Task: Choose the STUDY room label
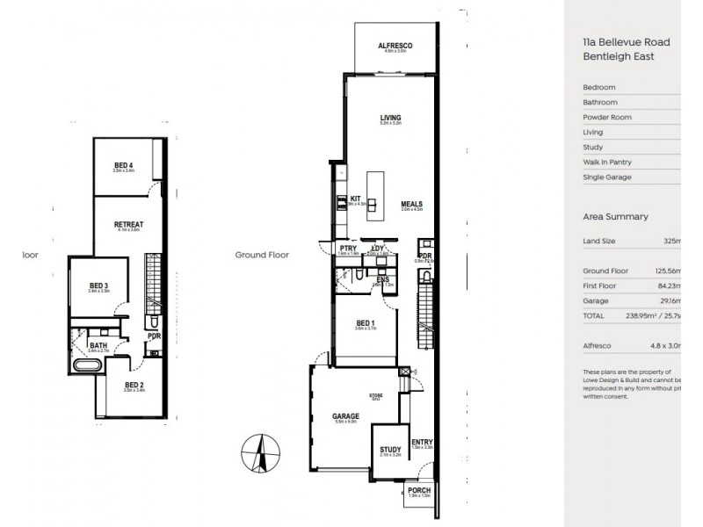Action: [x=390, y=450]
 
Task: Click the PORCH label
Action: [x=419, y=491]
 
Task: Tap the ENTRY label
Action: [x=422, y=442]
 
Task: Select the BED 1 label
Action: [x=366, y=322]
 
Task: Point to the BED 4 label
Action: [x=123, y=165]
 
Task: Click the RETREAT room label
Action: [x=128, y=224]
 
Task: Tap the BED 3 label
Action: [x=98, y=285]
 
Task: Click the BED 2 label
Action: [x=134, y=385]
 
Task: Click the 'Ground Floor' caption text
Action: [x=262, y=256]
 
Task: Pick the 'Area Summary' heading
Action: [x=615, y=216]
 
